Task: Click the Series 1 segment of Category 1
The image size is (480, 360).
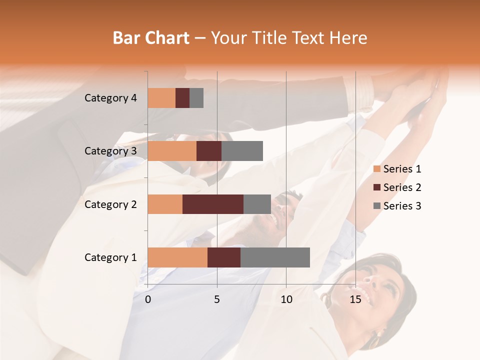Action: coord(177,257)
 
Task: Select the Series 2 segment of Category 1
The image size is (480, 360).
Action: coord(224,257)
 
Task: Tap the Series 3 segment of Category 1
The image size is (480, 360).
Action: coord(275,257)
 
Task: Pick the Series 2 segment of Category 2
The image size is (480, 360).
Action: coord(213,204)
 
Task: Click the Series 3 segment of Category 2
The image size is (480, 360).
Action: coord(257,204)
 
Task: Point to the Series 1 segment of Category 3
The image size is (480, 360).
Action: coord(172,151)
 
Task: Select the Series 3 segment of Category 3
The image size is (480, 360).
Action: coord(242,151)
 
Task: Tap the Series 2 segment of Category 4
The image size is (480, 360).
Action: coord(182,98)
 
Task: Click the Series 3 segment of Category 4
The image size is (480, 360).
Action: coord(196,98)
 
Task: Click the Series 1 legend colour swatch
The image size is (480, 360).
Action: coord(376,169)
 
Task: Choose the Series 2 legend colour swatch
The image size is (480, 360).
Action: coord(376,187)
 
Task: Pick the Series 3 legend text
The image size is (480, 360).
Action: coord(402,206)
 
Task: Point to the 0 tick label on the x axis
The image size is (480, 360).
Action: coord(148,299)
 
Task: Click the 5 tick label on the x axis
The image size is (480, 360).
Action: coord(217,299)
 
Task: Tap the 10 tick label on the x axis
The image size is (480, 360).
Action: coord(286,299)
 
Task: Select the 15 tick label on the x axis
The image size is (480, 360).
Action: coord(355,299)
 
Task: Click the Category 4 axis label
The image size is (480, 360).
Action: coord(110,98)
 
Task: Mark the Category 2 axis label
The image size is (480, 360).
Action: coord(110,204)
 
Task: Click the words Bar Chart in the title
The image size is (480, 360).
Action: coord(151,38)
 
